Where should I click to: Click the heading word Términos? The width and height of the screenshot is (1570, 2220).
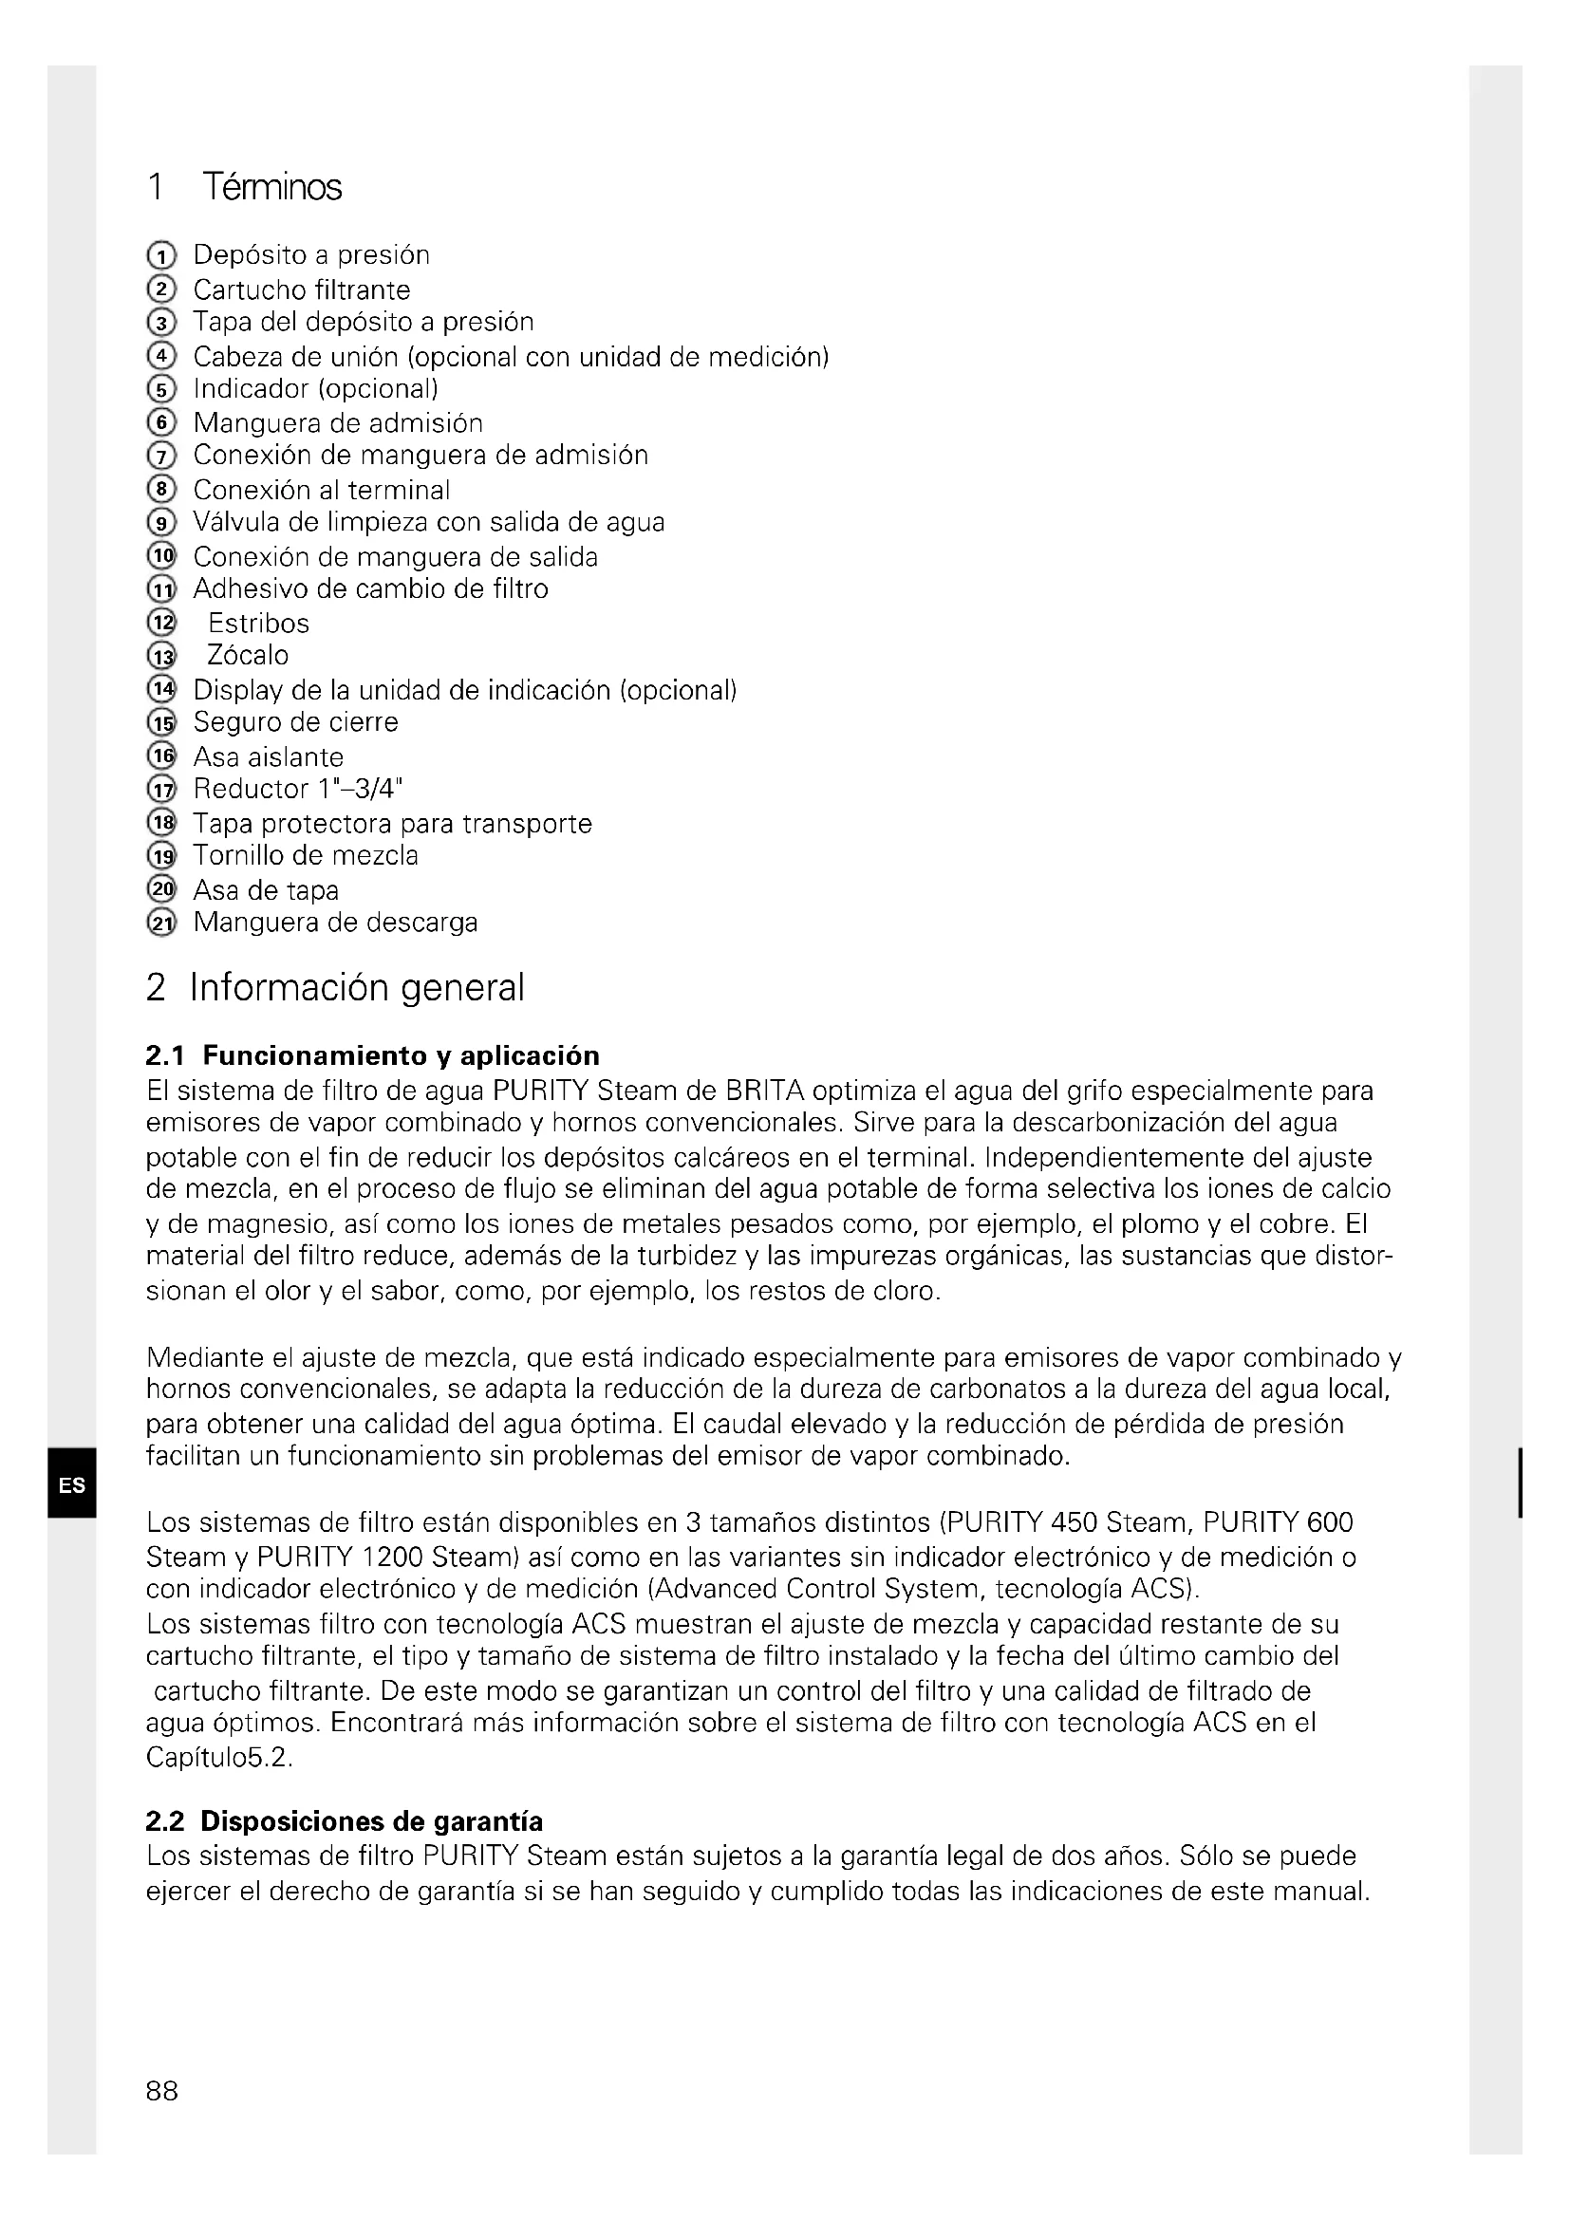271,187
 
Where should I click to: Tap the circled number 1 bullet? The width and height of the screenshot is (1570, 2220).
161,256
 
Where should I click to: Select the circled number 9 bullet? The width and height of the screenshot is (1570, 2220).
161,523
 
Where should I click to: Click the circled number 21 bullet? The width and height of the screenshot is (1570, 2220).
161,923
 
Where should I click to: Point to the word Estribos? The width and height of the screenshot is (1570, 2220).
258,624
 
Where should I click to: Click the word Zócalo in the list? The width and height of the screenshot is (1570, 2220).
248,656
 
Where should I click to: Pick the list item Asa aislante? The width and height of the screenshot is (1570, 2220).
268,757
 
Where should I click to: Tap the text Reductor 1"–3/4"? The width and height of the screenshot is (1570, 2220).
298,789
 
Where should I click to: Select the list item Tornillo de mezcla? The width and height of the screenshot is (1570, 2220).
306,856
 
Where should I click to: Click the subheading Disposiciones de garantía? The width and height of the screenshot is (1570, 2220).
371,1821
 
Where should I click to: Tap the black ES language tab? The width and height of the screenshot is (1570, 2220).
71,1485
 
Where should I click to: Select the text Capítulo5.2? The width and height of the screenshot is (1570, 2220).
218,1757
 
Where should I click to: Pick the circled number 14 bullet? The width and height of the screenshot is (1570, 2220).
161,689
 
